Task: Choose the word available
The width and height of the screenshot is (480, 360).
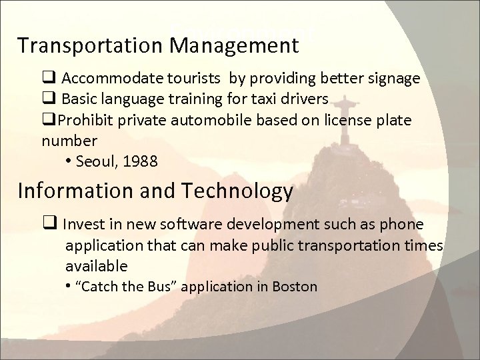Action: [96, 265]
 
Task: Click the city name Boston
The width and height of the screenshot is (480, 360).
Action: [295, 287]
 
